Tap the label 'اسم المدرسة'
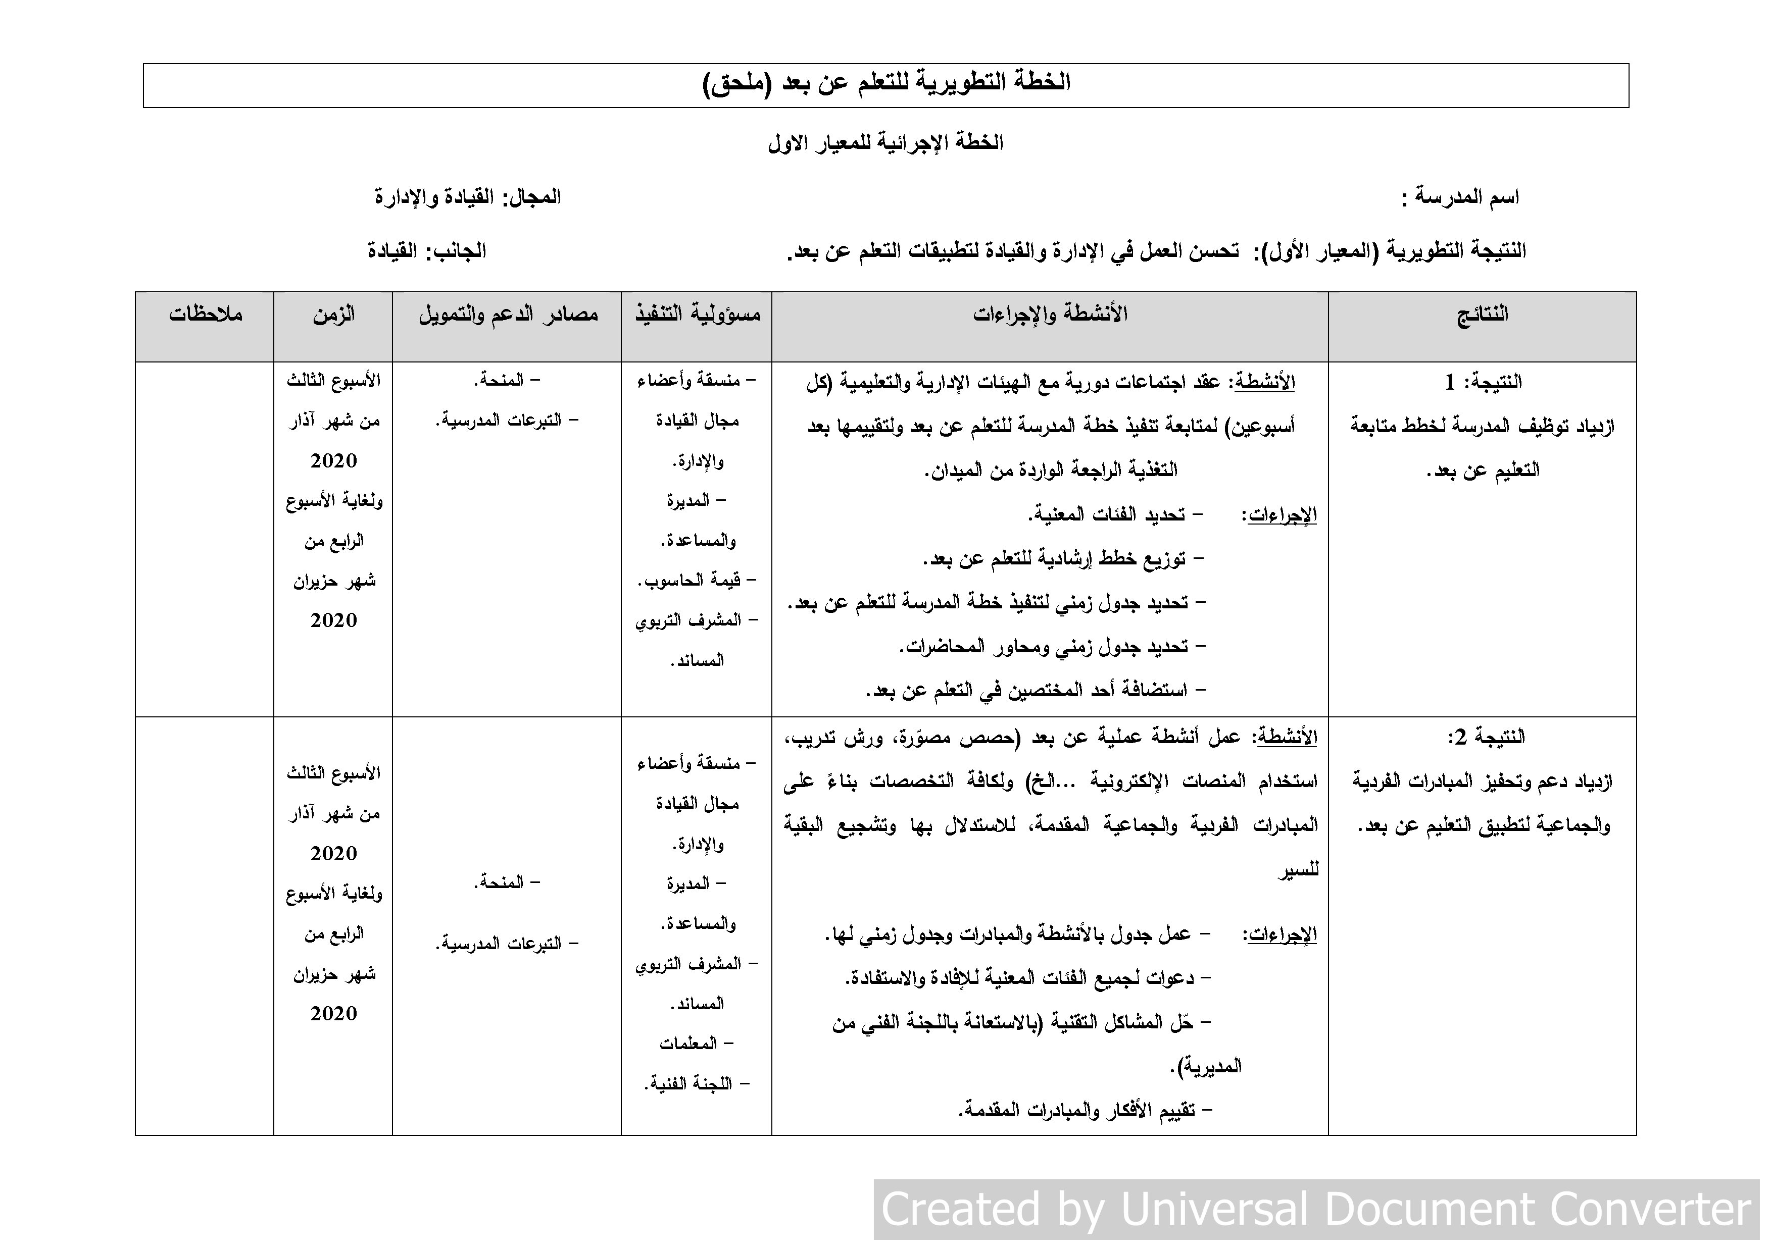tap(1461, 197)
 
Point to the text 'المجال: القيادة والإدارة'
tap(468, 197)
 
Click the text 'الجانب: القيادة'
tap(427, 251)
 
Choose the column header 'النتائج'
tap(1482, 315)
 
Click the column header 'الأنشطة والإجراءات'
tap(1050, 315)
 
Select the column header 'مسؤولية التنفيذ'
tap(698, 315)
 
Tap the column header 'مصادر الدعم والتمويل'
tap(508, 315)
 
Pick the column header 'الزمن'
tap(333, 315)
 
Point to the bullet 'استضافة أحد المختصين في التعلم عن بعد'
tap(1034, 691)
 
